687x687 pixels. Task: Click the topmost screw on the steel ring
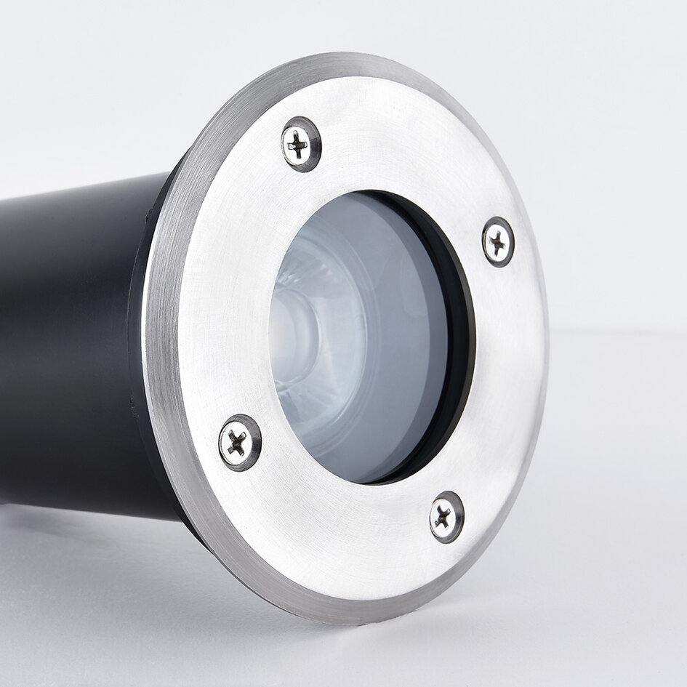tap(300, 144)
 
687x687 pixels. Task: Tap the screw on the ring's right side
tap(498, 241)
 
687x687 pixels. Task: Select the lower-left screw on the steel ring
tap(239, 441)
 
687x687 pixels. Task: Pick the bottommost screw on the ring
tap(446, 516)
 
